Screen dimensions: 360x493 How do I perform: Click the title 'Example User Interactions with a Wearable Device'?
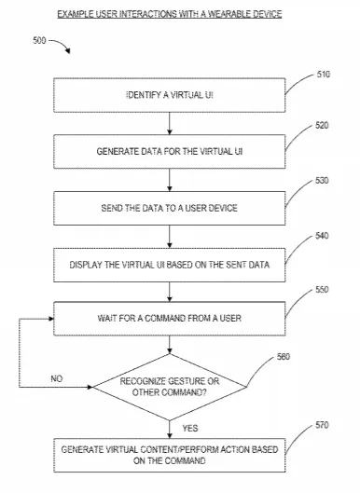(170, 14)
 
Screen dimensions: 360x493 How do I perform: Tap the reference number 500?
(39, 41)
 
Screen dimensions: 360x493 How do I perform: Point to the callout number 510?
(324, 75)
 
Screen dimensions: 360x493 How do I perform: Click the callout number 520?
(322, 126)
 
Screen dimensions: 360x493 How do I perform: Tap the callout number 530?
(322, 181)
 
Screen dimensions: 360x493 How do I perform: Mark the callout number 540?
(322, 236)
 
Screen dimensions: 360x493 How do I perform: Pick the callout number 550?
(322, 290)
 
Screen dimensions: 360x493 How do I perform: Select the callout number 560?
(284, 357)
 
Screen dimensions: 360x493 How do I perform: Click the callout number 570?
(322, 425)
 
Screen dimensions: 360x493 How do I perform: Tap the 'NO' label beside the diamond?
(57, 379)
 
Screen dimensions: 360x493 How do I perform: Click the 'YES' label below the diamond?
(190, 429)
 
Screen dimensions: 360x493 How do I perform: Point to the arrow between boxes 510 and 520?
(170, 124)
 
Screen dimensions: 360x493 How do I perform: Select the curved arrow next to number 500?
(62, 44)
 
